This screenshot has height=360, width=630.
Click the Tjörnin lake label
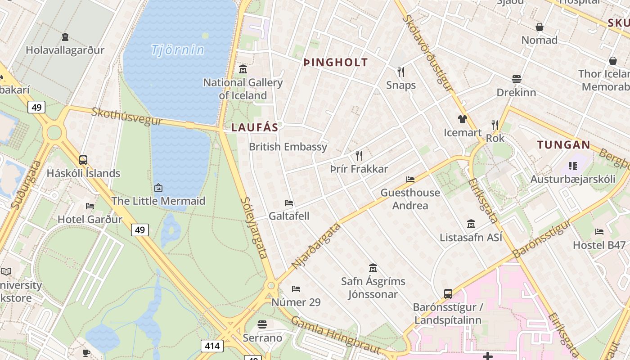coord(178,49)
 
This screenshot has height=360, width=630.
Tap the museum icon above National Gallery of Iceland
coord(243,69)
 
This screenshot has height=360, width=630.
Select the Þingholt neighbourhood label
coord(336,63)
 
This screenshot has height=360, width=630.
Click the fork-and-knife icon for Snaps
coord(401,72)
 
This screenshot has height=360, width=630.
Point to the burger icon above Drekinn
coord(516,79)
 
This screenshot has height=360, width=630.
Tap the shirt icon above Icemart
coord(463,119)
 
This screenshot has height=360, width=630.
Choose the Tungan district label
coord(564,145)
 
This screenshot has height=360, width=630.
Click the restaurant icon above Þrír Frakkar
coord(359,156)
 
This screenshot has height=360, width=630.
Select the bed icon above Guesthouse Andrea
coord(410,179)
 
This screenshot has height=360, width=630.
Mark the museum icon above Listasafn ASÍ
coord(471,224)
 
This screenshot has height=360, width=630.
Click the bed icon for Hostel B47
coord(599,232)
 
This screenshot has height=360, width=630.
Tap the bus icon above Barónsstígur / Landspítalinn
coord(448,294)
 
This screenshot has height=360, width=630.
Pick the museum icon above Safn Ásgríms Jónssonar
coord(373,268)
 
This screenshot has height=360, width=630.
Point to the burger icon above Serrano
coord(262,324)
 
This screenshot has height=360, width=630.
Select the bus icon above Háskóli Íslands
coord(83,160)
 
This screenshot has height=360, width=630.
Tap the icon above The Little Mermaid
coord(158,187)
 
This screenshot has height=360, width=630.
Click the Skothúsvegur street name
coord(127,116)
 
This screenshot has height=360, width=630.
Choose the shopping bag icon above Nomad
coord(540,27)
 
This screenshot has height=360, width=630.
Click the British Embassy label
coord(288,147)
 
